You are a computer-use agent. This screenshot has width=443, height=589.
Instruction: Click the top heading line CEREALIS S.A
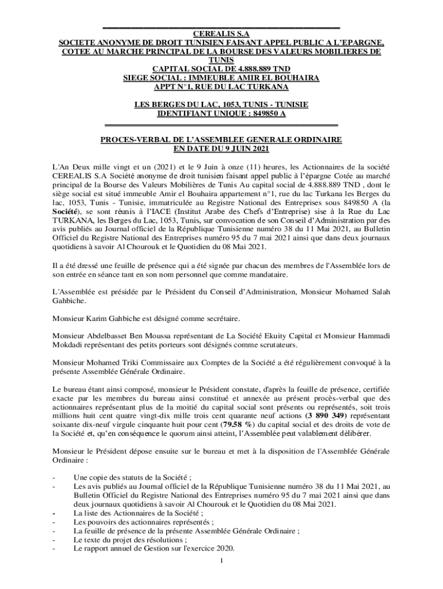click(221, 34)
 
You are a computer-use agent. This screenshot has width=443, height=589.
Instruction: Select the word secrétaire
click(221, 318)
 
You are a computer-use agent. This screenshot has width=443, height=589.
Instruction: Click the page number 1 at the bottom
click(221, 560)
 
